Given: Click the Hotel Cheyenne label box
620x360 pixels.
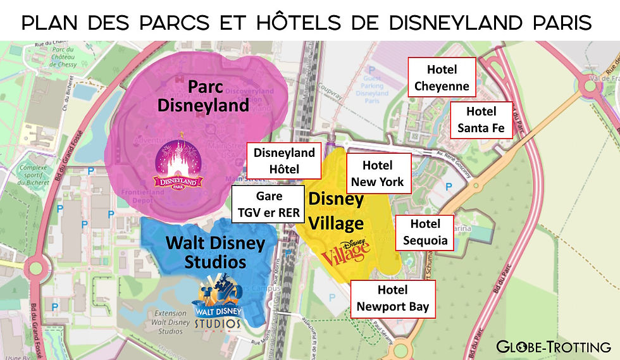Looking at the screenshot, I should tap(442, 78).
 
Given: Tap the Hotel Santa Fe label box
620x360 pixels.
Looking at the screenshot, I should tap(481, 120).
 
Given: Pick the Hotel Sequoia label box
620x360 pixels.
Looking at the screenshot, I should tap(425, 232).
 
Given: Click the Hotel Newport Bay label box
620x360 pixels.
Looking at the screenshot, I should tap(393, 299).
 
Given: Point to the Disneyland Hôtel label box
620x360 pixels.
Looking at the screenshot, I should tap(284, 161).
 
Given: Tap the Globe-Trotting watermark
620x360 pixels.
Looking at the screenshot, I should tap(553, 346).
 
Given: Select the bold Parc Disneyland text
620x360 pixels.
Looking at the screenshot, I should tap(202, 96).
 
